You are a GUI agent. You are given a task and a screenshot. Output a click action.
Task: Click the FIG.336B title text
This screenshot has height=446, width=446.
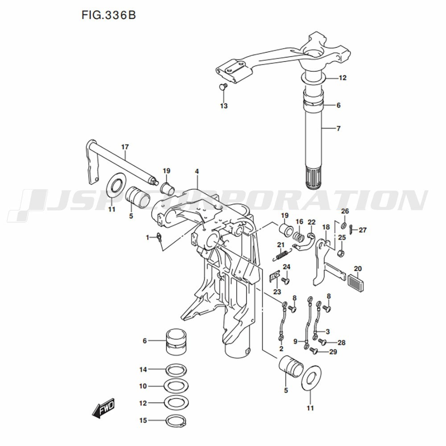(x=108, y=15)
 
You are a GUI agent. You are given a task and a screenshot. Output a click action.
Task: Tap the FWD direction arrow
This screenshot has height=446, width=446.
(x=103, y=408)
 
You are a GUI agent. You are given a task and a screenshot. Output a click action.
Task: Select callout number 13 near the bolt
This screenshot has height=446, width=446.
(x=223, y=106)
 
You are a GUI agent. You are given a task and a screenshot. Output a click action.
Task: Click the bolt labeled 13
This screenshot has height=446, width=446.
(x=223, y=86)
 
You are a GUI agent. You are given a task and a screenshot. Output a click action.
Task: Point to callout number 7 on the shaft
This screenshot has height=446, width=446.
(x=338, y=128)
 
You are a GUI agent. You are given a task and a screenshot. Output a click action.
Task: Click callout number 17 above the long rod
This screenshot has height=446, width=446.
(x=125, y=146)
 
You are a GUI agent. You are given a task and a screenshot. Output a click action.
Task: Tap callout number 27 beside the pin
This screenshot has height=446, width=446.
(x=363, y=230)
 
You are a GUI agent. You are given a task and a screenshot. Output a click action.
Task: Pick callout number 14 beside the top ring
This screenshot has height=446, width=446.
(x=143, y=369)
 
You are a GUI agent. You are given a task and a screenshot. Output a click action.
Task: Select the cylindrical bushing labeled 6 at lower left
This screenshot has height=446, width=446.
(x=176, y=342)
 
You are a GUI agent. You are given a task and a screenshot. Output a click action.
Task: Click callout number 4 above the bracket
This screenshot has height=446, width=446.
(x=196, y=171)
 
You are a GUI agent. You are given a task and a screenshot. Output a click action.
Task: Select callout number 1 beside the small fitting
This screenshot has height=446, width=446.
(x=148, y=238)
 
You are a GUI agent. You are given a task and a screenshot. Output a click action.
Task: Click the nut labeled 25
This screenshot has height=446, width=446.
(x=341, y=254)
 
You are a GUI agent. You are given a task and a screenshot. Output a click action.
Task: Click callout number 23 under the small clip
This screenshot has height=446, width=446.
(x=277, y=292)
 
